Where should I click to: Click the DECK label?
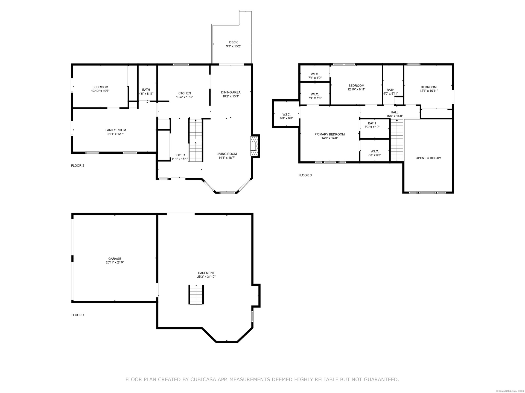(233, 42)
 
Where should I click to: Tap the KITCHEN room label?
(184, 93)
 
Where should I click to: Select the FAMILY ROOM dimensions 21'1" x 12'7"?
(116, 134)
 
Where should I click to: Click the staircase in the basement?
(196, 294)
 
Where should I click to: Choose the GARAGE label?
(115, 259)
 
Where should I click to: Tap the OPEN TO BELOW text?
(428, 158)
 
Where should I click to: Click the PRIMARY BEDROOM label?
(329, 135)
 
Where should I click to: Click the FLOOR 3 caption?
(305, 175)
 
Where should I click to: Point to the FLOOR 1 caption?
(78, 315)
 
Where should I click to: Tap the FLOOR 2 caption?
(78, 165)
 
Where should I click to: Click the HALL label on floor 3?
(395, 112)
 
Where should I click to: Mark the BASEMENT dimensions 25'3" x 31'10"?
(206, 277)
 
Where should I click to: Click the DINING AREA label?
(231, 92)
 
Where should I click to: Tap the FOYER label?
(180, 155)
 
